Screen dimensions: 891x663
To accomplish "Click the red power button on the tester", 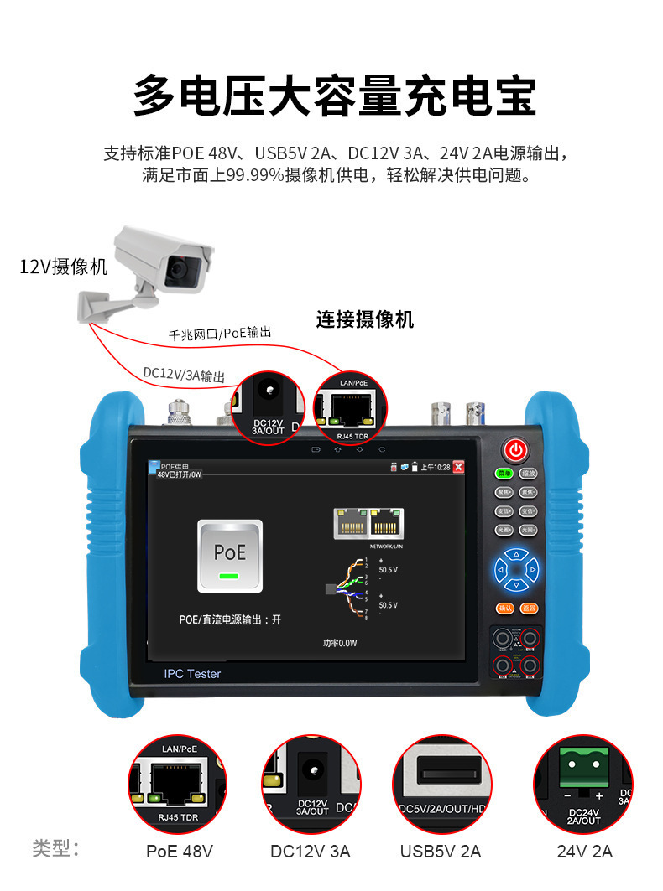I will click(515, 451).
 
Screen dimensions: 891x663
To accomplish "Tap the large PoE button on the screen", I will click(229, 555).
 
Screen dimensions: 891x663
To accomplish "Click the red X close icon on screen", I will click(458, 467).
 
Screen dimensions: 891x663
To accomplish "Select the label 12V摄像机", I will click(64, 267).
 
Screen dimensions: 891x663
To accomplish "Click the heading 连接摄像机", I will click(365, 319).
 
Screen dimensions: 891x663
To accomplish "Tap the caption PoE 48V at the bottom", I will click(180, 852).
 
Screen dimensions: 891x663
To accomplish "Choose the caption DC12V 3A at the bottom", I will click(311, 852).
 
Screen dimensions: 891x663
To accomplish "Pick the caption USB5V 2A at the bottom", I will click(441, 852).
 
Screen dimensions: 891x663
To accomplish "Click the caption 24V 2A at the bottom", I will click(585, 852).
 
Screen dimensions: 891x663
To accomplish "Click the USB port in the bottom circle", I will click(441, 769).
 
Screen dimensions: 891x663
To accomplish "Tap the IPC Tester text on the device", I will click(192, 673).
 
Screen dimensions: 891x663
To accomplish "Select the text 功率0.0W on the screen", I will click(341, 644).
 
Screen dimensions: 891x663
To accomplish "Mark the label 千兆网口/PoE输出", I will click(221, 334).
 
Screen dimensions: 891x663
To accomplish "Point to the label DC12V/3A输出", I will click(183, 374).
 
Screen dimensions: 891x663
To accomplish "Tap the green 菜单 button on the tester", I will click(504, 474).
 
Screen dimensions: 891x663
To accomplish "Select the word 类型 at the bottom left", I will click(55, 848).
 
